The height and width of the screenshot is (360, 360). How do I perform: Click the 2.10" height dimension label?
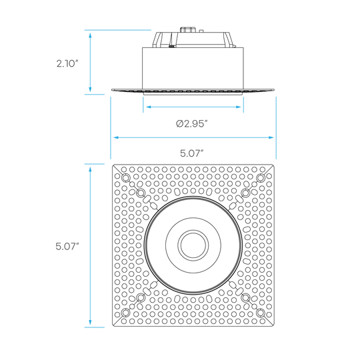click(x=67, y=63)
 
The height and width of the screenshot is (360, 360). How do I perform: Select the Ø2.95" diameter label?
click(x=192, y=124)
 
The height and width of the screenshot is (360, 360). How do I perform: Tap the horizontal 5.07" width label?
click(x=192, y=153)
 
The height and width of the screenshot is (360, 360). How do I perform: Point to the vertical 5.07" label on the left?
click(x=67, y=247)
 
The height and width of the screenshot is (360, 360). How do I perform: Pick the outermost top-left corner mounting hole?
click(x=125, y=178)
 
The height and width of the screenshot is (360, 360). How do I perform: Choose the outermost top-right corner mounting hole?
click(x=261, y=178)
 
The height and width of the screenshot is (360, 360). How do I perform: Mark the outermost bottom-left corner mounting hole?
click(x=125, y=313)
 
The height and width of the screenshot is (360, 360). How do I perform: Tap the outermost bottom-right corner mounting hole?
click(x=261, y=313)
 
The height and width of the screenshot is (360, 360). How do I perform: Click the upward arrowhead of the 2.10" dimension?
click(x=90, y=35)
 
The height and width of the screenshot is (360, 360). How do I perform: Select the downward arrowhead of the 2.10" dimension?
click(x=90, y=89)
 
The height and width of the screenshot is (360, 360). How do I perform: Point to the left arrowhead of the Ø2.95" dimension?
click(x=149, y=107)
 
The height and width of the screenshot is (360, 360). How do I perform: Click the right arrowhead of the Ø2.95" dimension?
click(x=238, y=107)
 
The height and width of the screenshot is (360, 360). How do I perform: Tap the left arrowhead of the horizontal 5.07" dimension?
click(x=116, y=137)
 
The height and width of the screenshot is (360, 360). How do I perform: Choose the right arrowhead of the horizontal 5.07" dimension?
click(x=271, y=137)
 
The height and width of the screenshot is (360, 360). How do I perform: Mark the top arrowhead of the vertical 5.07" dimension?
click(x=90, y=170)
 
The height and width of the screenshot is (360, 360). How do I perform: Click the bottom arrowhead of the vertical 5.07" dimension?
click(x=90, y=322)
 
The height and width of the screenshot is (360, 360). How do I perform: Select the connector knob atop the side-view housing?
click(x=187, y=30)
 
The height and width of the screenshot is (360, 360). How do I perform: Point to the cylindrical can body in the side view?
click(x=193, y=68)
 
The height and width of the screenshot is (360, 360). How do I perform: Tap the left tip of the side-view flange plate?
click(x=112, y=90)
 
